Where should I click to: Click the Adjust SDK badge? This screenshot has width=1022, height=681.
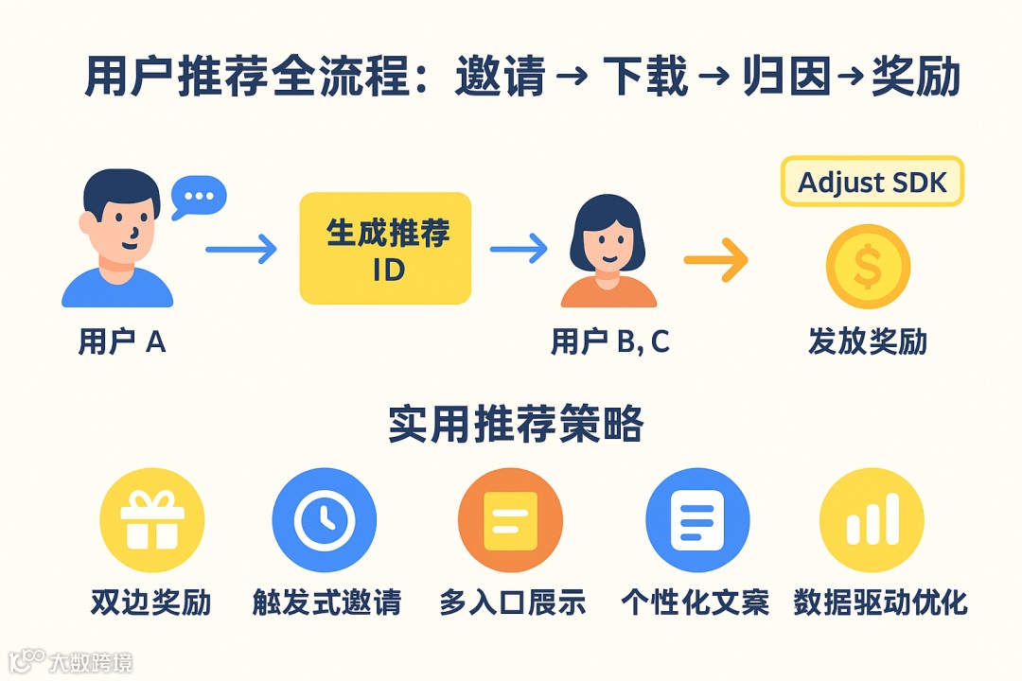coord(872,182)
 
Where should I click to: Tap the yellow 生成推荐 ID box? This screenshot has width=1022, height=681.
coord(385,249)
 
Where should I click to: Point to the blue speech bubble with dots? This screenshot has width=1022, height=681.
coord(199,197)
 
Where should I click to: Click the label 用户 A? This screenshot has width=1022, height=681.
coord(122,341)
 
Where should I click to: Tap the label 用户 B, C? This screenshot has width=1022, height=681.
coord(609,341)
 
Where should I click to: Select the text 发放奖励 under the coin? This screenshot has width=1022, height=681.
coord(867,341)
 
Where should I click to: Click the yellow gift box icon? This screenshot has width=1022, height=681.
coord(151,520)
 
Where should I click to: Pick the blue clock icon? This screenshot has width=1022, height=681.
coord(324,520)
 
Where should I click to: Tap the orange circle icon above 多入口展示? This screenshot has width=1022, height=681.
coord(510,520)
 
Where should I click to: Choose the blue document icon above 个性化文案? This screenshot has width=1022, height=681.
coord(696,520)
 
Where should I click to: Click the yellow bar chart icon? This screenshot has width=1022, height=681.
coord(871,520)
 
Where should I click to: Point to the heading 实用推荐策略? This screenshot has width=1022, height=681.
coord(516,425)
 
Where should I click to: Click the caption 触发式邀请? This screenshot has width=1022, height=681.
coord(326,602)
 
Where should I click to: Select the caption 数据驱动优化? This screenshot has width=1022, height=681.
coord(880,602)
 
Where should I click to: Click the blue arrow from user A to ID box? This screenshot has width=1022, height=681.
coord(241,250)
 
